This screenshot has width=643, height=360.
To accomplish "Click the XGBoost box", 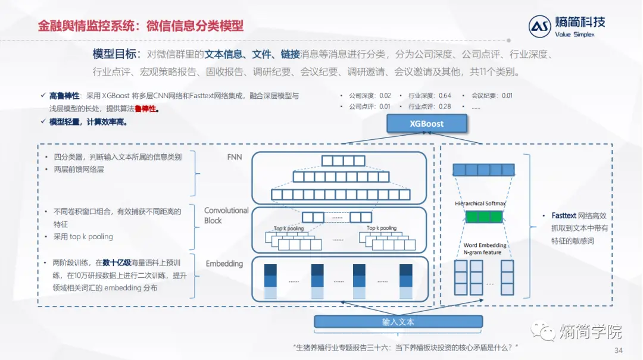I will coord(426,124).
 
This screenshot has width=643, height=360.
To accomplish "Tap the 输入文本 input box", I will coord(398,322).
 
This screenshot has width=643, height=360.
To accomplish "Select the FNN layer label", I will coord(234,157).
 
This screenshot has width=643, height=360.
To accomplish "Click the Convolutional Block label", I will coord(226,215).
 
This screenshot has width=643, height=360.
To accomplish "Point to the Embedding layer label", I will coord(224,264).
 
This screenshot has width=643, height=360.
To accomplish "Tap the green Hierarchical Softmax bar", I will coord(482,217).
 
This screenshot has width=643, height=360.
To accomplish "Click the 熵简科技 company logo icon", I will coord(541,26).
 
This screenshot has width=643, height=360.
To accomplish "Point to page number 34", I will coord(618,350).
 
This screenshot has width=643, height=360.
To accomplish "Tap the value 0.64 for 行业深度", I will coord(445,95).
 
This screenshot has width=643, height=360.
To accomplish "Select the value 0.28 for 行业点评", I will coord(445,107).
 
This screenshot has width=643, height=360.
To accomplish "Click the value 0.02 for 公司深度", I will coord(385,95).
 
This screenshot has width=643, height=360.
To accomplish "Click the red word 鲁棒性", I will coord(146,109).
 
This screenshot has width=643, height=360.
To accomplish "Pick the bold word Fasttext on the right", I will coord(564,215).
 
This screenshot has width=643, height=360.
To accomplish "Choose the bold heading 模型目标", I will coord(116,54).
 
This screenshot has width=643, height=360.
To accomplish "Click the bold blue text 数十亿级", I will coord(117,262).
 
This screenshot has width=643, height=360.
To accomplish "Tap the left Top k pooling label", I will coord(289,228).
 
